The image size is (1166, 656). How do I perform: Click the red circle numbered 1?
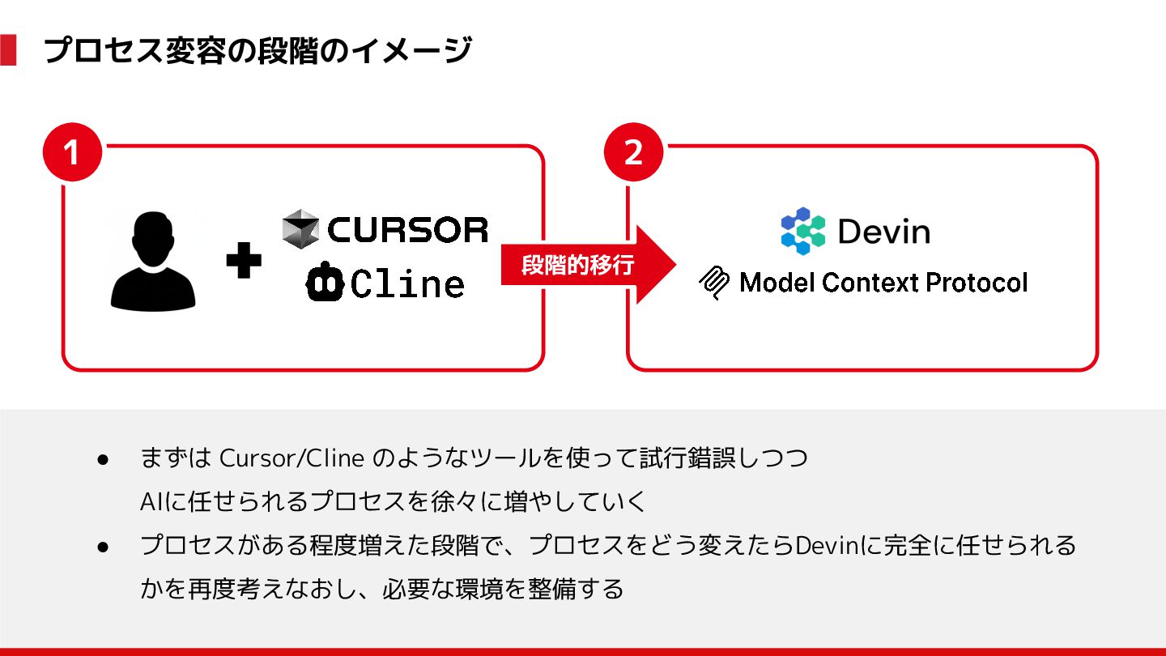(x=72, y=151)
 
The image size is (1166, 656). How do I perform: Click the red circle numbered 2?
(x=634, y=151)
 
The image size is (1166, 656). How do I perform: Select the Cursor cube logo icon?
(x=300, y=229)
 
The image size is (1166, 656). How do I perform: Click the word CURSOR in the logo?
(x=408, y=229)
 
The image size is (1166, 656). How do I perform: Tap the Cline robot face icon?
(x=325, y=282)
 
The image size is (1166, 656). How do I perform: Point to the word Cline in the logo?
(x=408, y=283)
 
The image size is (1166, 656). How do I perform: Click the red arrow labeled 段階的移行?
(x=587, y=265)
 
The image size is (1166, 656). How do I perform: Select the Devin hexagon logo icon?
(x=802, y=231)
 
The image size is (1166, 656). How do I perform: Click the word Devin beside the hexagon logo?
(x=884, y=232)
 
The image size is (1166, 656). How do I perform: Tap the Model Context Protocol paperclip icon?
(x=714, y=283)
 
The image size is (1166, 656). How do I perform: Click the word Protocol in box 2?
(x=977, y=283)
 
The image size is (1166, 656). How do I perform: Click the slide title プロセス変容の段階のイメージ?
(x=257, y=51)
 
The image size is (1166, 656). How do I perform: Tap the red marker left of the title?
(x=8, y=50)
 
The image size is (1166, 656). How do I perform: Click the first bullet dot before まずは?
(x=103, y=459)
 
